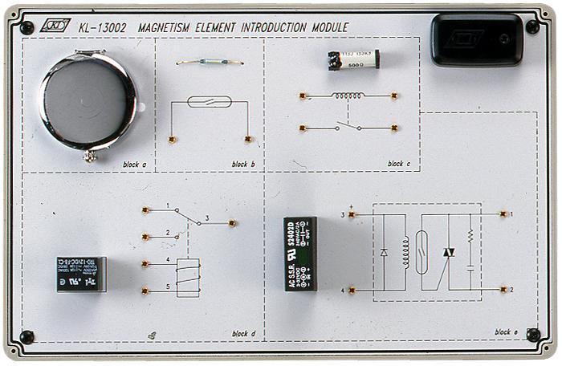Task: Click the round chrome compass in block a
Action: coord(88,103)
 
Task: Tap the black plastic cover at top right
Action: coord(476,39)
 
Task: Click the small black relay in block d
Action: coord(80,274)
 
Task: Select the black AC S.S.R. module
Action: coord(300,253)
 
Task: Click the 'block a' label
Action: coord(134,165)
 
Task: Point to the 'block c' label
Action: coord(398,164)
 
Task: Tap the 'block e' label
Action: coord(506,331)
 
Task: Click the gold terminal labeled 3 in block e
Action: coord(352,214)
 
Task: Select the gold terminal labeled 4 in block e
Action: coord(352,290)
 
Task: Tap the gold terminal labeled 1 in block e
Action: coord(503,214)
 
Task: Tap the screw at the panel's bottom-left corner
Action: coord(26,337)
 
